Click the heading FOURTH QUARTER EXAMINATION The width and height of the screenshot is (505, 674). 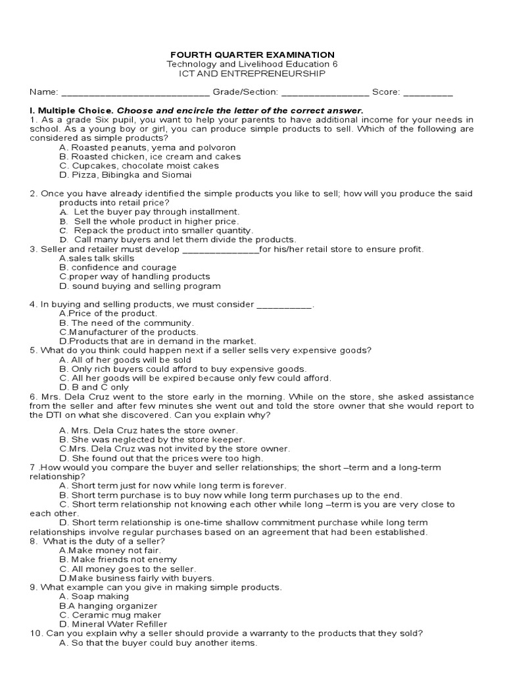point(252,55)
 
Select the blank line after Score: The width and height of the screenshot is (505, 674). point(428,93)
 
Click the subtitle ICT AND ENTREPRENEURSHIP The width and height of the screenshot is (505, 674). point(252,74)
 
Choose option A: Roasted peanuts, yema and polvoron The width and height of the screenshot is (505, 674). point(147,147)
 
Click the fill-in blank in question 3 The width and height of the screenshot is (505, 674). point(220,250)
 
